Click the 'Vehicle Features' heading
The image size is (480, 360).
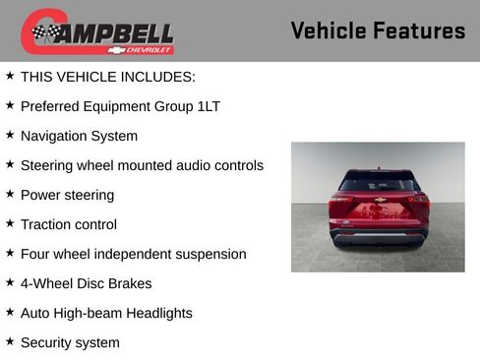[x=378, y=30]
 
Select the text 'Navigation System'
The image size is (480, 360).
[x=79, y=136]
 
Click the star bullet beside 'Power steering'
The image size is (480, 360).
[x=10, y=194]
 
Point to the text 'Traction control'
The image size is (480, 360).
[x=69, y=224]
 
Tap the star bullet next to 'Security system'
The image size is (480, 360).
[x=10, y=341]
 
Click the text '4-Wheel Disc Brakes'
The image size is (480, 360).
[x=86, y=283]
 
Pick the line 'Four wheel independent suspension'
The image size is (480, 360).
[x=133, y=254]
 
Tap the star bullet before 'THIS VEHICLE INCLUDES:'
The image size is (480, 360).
[x=10, y=76]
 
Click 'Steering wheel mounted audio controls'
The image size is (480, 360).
[x=142, y=165]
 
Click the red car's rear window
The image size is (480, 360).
[x=378, y=183]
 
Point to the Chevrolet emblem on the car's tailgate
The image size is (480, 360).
[x=378, y=200]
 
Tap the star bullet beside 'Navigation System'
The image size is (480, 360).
[x=10, y=135]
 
